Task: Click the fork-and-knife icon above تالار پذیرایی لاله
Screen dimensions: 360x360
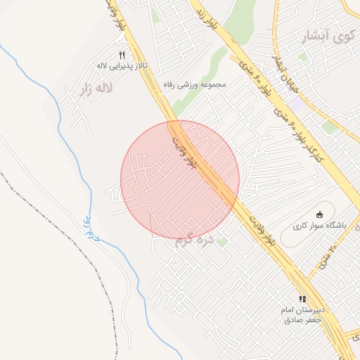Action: (x=122, y=55)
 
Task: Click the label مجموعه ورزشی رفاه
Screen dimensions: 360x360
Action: (x=193, y=84)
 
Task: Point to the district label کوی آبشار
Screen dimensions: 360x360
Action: (x=328, y=37)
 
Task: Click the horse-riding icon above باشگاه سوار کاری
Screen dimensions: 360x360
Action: (x=320, y=214)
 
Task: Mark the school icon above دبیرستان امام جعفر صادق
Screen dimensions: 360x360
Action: (x=302, y=299)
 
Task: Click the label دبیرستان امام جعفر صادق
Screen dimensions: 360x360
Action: (x=302, y=314)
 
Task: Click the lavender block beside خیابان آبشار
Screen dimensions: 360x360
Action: (x=296, y=104)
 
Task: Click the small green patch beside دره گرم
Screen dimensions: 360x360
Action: (x=222, y=241)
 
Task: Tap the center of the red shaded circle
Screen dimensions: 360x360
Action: (x=180, y=179)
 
